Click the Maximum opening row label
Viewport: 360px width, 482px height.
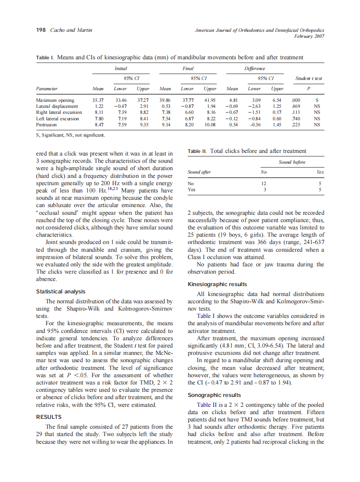(x=55, y=100)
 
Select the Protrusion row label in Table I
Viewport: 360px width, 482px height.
(x=46, y=125)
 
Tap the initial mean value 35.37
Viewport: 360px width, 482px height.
(x=98, y=100)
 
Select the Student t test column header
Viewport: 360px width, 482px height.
(x=308, y=79)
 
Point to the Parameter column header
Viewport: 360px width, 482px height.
(x=47, y=89)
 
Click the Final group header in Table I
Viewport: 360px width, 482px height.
(x=188, y=68)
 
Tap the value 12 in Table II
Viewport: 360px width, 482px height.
(x=264, y=183)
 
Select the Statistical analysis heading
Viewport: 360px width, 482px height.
(x=61, y=292)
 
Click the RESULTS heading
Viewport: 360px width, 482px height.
(x=49, y=417)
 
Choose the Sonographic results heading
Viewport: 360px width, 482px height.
(x=214, y=395)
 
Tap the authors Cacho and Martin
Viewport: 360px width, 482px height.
(x=71, y=30)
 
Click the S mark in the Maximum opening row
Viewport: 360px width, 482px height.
(x=317, y=100)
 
